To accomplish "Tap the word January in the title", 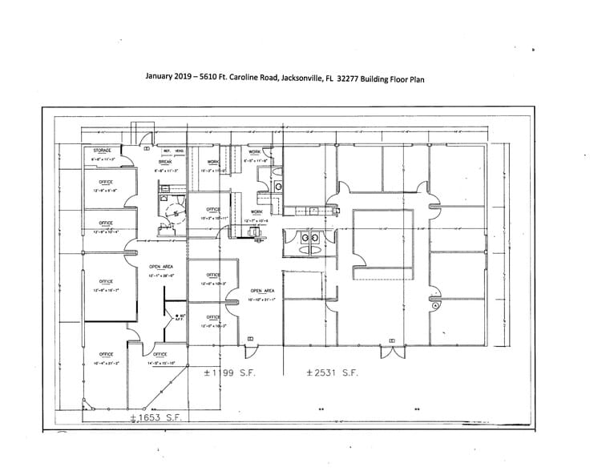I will (x=160, y=78).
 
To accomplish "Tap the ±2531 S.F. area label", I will (x=333, y=373).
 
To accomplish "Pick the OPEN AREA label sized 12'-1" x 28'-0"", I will (x=161, y=267).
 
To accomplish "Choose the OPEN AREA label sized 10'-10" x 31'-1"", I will (x=262, y=291).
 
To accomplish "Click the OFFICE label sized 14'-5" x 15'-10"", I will (x=160, y=354).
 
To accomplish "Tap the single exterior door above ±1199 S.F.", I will (x=250, y=340).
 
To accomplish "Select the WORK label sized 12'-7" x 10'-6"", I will (x=256, y=211).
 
